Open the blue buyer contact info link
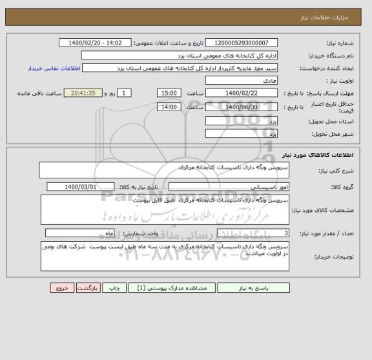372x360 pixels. (54, 68)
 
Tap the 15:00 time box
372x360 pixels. (169, 93)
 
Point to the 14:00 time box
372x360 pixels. (169, 107)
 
